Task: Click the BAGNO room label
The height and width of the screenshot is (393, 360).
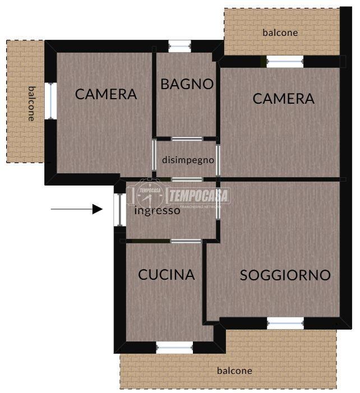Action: pos(187,84)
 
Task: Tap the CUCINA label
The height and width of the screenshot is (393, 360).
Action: pos(167,275)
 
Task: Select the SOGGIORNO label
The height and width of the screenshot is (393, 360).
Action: pos(285,275)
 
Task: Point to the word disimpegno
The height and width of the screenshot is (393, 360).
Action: pos(188,160)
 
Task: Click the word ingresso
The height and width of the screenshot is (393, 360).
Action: pos(157,211)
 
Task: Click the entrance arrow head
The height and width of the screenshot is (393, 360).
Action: pos(97,209)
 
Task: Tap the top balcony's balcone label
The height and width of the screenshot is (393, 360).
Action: pos(280,33)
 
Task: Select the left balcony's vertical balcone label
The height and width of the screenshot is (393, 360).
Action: pos(31,104)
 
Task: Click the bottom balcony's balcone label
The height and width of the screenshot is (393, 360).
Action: pos(234,371)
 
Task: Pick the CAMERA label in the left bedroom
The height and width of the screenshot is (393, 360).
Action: pos(106,94)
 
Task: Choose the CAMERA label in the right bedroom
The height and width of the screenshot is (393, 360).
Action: pos(283,99)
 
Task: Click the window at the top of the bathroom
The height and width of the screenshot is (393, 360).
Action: pos(179,46)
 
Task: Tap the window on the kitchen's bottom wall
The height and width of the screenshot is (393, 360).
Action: pos(174,348)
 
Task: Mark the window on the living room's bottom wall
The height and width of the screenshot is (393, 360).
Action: pos(285,323)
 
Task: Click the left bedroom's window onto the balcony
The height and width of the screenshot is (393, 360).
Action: pos(51,101)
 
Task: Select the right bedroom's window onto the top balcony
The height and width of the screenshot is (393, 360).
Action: pos(285,62)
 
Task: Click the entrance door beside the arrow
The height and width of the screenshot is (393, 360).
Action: pos(120,210)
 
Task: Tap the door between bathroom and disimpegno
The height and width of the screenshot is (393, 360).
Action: pos(187,139)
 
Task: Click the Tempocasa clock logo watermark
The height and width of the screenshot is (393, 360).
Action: pos(150,195)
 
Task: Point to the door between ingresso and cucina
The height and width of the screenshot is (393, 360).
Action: pos(186,241)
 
